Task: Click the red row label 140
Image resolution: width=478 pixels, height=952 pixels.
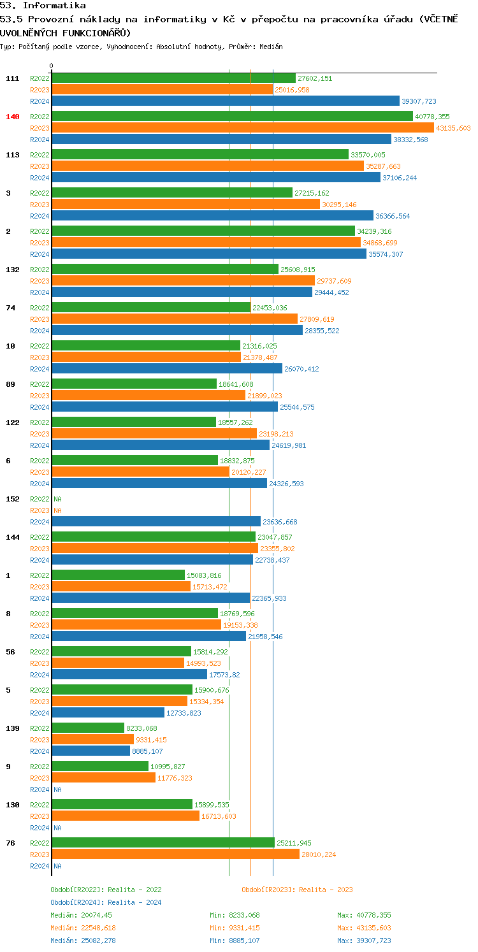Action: (x=13, y=117)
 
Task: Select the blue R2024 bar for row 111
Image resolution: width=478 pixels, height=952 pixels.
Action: (x=225, y=101)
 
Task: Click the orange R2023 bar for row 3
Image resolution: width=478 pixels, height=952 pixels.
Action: (x=185, y=204)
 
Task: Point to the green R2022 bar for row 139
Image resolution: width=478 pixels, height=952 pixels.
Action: (x=88, y=728)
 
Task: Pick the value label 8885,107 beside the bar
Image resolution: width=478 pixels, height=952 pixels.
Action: (x=147, y=751)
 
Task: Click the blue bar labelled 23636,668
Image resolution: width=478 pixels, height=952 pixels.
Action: (x=156, y=521)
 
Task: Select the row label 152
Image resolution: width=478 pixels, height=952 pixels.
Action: (x=13, y=499)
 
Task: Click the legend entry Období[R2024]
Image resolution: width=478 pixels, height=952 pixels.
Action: (x=77, y=902)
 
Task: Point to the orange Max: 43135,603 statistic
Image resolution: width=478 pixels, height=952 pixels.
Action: (x=364, y=928)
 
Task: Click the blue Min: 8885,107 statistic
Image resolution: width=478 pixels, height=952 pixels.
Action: (x=235, y=941)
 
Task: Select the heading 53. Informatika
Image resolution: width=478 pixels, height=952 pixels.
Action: (x=43, y=5)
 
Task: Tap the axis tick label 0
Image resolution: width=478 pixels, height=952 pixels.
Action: (x=52, y=66)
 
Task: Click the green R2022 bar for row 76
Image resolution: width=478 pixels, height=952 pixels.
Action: (x=163, y=842)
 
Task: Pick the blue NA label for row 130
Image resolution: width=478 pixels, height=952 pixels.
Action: (x=58, y=828)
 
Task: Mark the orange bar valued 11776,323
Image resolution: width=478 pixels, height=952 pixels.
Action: (x=103, y=777)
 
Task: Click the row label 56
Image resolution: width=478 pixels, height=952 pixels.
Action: (x=11, y=652)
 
